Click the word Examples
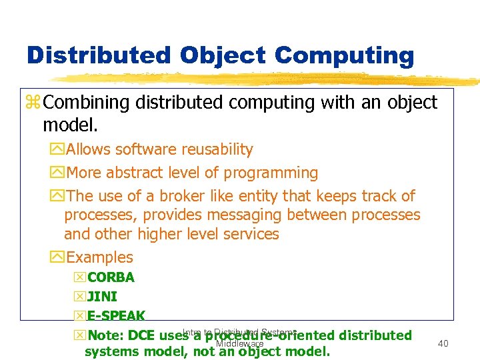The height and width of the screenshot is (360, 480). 100,257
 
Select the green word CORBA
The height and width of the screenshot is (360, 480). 111,277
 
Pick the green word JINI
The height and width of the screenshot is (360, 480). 102,297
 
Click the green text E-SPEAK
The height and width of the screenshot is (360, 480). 116,316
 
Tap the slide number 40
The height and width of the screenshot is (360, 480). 443,343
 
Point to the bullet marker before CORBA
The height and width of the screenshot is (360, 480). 80,278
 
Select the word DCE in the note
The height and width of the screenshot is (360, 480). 141,335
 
